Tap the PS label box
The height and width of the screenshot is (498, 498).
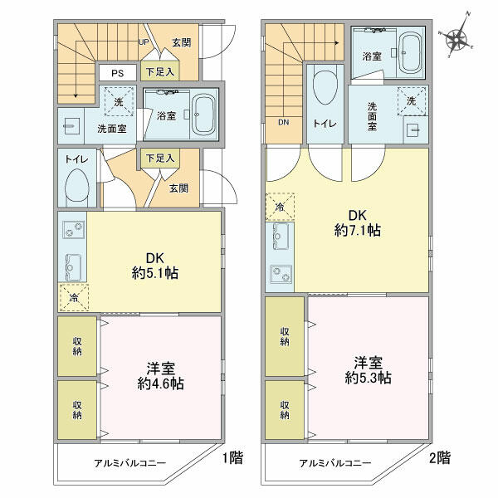tap(118, 73)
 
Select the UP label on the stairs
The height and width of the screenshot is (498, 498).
tap(144, 42)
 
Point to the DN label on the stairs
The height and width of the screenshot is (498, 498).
tap(283, 122)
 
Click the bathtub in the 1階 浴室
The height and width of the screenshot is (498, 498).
tap(204, 115)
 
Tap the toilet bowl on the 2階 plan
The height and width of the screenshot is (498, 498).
tap(325, 86)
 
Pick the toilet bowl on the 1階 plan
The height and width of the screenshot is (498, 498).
tap(77, 188)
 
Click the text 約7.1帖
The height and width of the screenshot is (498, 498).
tap(357, 230)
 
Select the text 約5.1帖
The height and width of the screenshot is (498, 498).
tap(155, 273)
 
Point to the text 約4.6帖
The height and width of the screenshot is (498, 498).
tap(161, 383)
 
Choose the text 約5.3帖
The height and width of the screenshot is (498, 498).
tap(368, 378)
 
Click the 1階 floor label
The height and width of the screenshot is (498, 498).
tap(232, 457)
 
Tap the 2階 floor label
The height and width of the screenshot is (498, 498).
tap(440, 457)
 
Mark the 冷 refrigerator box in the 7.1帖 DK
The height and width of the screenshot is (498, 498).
tap(280, 207)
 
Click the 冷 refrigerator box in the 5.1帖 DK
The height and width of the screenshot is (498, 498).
tap(74, 298)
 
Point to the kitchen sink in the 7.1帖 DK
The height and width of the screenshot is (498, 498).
tap(281, 237)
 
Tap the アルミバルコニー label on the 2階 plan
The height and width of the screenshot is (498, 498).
tap(335, 463)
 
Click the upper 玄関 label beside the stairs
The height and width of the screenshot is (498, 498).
tap(182, 42)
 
